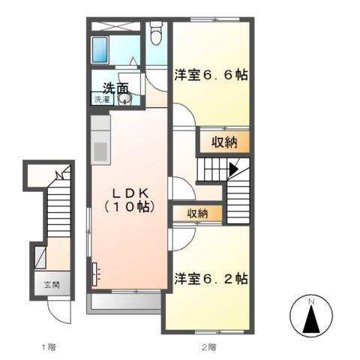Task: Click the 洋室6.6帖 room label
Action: pos(211,76)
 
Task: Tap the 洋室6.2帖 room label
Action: pos(211,278)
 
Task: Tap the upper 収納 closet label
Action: pos(223,141)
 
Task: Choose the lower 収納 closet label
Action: pos(197,214)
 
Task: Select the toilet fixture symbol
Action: pos(156,34)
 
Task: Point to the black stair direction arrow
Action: pos(234,169)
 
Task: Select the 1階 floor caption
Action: pos(48,346)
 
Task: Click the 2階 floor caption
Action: pos(208,346)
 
